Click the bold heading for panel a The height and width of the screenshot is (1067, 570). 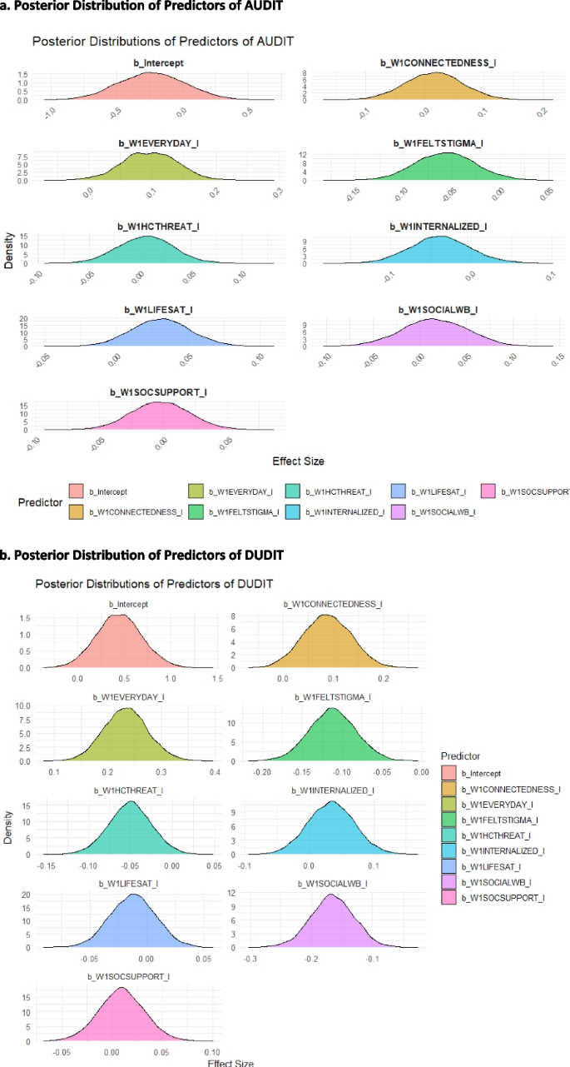[x=141, y=6]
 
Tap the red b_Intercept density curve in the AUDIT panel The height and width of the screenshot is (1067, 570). [x=150, y=88]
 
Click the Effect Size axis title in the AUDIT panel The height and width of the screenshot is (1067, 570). [x=298, y=461]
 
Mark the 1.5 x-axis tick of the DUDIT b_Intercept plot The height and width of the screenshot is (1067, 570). [x=217, y=679]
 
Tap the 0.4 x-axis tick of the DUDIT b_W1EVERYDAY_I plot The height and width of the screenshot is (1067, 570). [x=214, y=773]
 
